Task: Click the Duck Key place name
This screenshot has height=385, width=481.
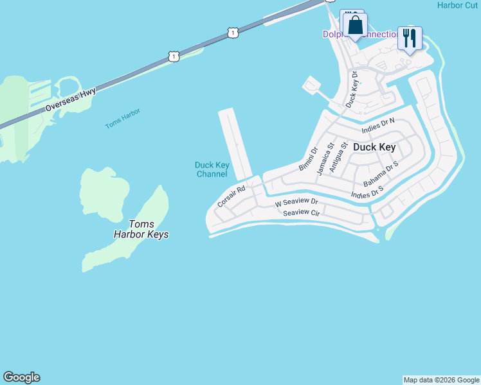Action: tap(374, 147)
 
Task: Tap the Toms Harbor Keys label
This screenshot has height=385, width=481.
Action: tap(141, 229)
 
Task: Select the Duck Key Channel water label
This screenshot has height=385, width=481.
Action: tap(212, 169)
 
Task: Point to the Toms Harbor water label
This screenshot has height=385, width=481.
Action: tap(122, 119)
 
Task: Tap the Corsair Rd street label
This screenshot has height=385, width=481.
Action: tap(231, 196)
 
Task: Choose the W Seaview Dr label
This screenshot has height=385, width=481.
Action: tap(296, 203)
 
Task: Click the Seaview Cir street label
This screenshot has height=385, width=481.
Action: tap(302, 212)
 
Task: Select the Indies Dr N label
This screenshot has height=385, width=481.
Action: tap(378, 126)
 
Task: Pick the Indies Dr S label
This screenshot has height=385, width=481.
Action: tap(367, 192)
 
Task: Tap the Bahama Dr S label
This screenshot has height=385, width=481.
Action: tap(381, 173)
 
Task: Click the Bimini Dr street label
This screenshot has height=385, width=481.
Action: tap(308, 159)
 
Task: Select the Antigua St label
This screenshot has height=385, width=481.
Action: tap(338, 158)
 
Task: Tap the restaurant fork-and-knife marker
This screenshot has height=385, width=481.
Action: tap(409, 38)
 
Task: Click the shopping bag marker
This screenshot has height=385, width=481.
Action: tap(355, 26)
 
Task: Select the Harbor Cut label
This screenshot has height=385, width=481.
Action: tap(457, 5)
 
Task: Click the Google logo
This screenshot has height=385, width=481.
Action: tap(21, 377)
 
